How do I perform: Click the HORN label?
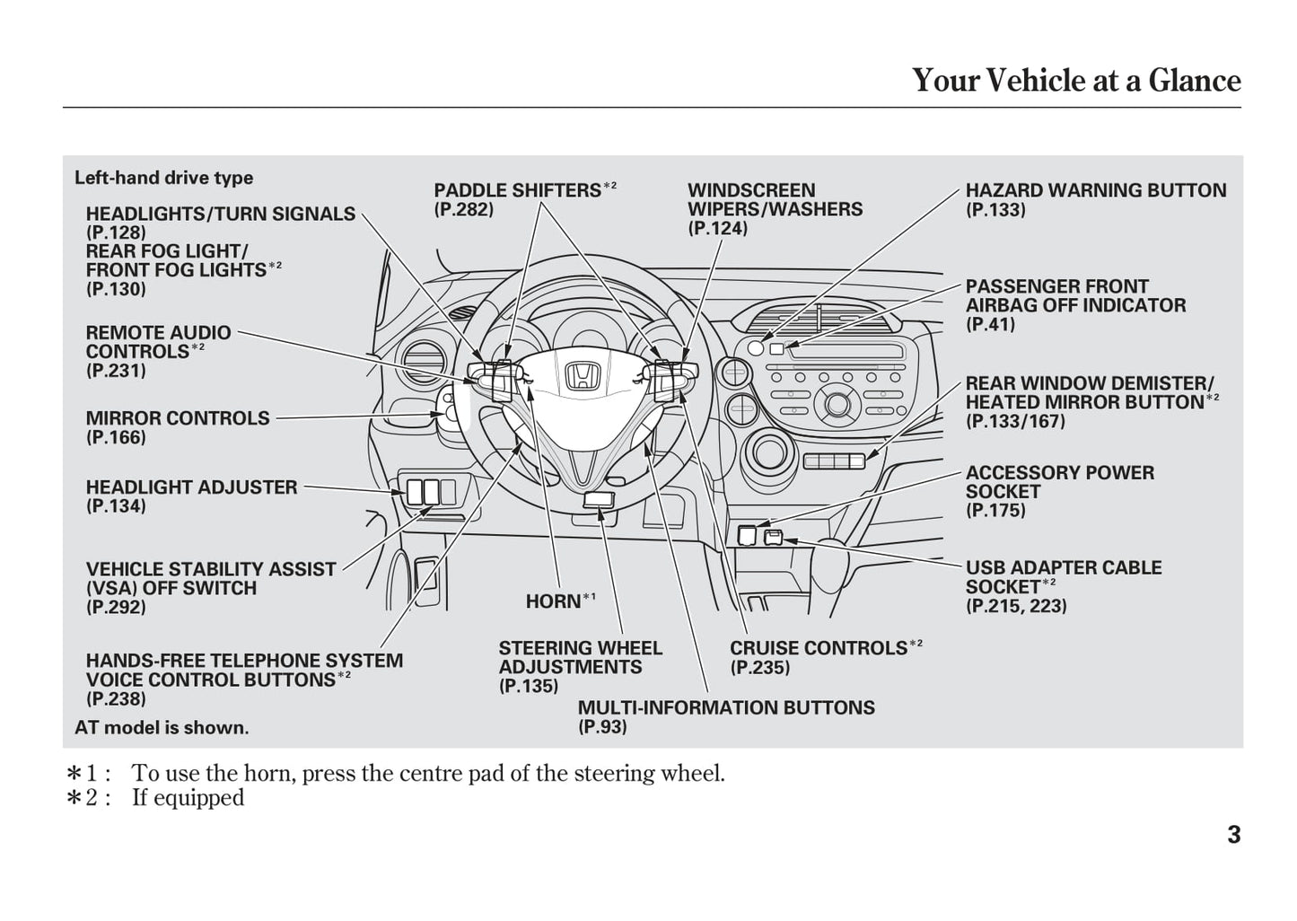[x=554, y=601]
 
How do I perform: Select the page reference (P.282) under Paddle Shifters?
[x=463, y=210]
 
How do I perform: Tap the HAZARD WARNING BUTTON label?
[x=1095, y=190]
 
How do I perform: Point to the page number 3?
[x=1234, y=835]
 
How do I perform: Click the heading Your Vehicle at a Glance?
[x=1076, y=81]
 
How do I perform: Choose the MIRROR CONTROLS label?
[x=178, y=418]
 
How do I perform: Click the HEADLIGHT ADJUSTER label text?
[x=191, y=487]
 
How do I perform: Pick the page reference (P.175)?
[x=995, y=511]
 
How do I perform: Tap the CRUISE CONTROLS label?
[x=819, y=648]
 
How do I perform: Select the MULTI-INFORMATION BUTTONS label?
[x=726, y=707]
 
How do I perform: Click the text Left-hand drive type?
[x=163, y=178]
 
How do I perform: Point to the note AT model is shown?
[x=162, y=728]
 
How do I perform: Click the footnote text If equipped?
[x=188, y=798]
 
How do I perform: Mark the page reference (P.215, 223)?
[x=1016, y=606]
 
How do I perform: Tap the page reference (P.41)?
[x=990, y=325]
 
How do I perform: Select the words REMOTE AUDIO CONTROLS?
[x=158, y=342]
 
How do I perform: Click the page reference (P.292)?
[x=116, y=607]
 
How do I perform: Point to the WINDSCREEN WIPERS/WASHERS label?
[x=775, y=199]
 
